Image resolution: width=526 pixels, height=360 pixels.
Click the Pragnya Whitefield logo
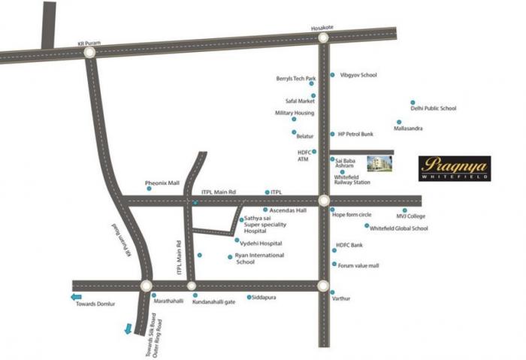(455, 168)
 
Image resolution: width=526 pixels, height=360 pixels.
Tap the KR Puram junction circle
(89, 53)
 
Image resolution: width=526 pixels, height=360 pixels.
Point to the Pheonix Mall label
(162, 183)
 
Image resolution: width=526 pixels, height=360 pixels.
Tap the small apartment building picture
(379, 165)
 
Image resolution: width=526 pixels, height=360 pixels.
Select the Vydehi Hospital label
(261, 244)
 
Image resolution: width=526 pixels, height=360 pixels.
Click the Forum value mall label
(358, 265)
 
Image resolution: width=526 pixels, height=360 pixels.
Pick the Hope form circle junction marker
(323, 201)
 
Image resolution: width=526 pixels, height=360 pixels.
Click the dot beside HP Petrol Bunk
(332, 134)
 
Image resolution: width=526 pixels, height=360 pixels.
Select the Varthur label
(341, 298)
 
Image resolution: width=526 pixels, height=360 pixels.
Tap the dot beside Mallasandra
(399, 122)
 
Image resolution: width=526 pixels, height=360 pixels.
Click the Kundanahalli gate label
(213, 303)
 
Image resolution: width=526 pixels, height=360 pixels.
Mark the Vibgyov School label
(358, 75)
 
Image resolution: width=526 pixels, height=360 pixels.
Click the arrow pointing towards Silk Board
(130, 328)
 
